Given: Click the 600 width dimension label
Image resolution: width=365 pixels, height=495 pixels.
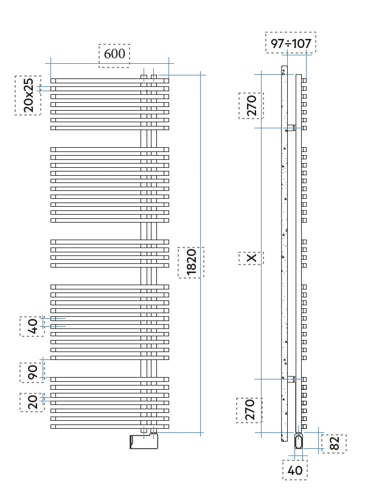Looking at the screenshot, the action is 114,54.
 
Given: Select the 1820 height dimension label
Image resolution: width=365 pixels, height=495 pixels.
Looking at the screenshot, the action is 192,262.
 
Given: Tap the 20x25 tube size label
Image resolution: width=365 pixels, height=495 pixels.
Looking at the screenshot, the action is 28,95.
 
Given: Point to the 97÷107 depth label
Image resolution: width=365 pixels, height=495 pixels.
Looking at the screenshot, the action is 291,43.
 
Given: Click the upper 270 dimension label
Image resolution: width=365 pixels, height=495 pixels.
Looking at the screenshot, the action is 251,106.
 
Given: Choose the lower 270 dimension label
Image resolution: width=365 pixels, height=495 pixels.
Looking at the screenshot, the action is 249,410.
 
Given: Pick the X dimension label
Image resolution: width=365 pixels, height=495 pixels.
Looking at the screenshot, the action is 252,258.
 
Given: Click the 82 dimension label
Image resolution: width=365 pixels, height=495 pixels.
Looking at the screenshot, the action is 334,443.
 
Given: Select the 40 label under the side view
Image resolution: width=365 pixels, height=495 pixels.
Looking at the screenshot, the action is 295,471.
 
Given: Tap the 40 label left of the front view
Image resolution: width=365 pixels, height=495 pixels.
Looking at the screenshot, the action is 32,326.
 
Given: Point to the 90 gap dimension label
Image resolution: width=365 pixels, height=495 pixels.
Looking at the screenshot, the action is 32,373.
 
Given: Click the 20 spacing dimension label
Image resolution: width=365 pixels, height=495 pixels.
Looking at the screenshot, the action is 32,402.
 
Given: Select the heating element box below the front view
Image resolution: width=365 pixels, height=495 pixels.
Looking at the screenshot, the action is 144,441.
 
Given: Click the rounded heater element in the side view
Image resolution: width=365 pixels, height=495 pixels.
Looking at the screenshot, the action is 299,441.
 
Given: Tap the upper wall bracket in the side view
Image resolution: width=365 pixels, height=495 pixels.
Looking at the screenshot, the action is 291,128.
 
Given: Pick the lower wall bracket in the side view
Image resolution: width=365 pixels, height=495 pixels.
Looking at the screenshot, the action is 291,379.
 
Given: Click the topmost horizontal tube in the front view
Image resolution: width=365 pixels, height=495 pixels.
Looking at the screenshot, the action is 109,81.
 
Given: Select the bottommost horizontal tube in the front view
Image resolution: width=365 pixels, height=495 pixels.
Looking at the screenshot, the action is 109,426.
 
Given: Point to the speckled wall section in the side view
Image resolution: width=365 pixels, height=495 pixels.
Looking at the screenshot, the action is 284,254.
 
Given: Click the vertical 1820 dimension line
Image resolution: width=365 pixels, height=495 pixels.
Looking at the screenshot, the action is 201,254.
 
